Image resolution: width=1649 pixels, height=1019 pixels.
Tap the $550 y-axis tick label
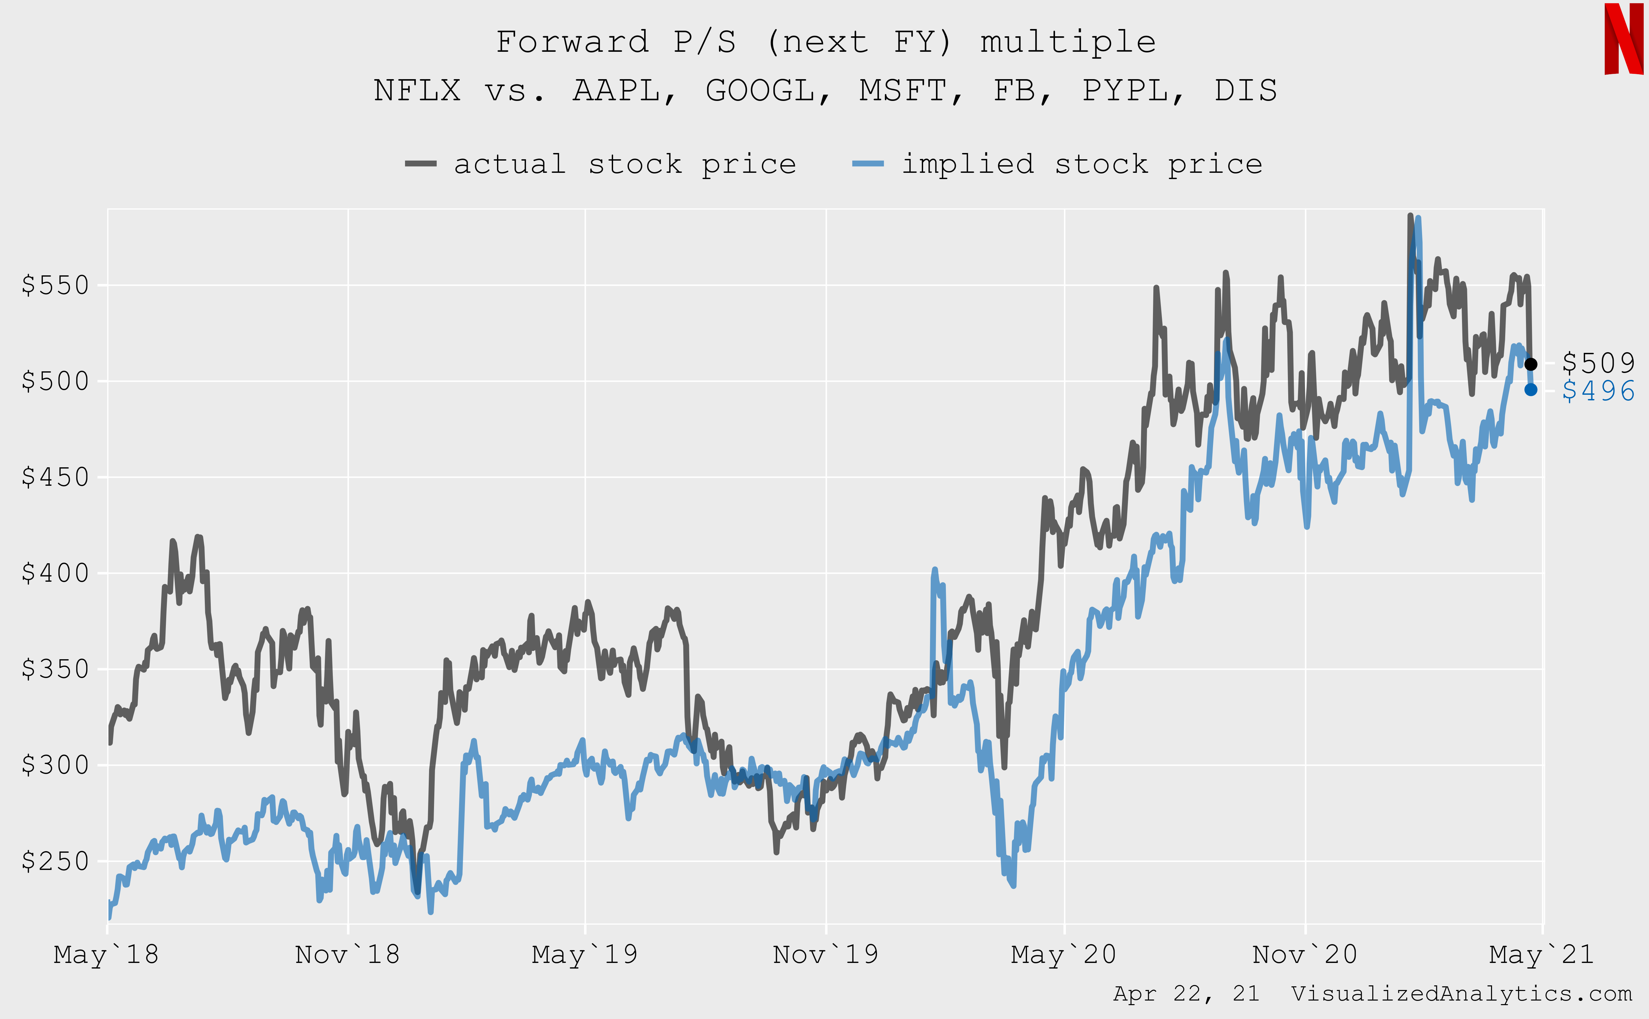[55, 285]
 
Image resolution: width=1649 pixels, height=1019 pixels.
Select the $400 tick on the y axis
[55, 573]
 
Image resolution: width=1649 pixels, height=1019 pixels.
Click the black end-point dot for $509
[1531, 364]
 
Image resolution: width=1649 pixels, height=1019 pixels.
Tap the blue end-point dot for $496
[1531, 389]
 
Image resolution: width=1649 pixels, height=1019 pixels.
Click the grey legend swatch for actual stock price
[420, 164]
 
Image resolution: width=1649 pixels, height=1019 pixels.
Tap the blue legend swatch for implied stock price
[868, 164]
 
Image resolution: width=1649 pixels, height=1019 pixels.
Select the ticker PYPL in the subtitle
[1125, 90]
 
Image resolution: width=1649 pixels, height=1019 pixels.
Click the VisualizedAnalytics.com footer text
[1461, 993]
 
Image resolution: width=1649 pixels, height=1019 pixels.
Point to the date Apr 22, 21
[1186, 993]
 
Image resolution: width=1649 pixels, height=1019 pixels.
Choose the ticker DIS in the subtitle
[1245, 90]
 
